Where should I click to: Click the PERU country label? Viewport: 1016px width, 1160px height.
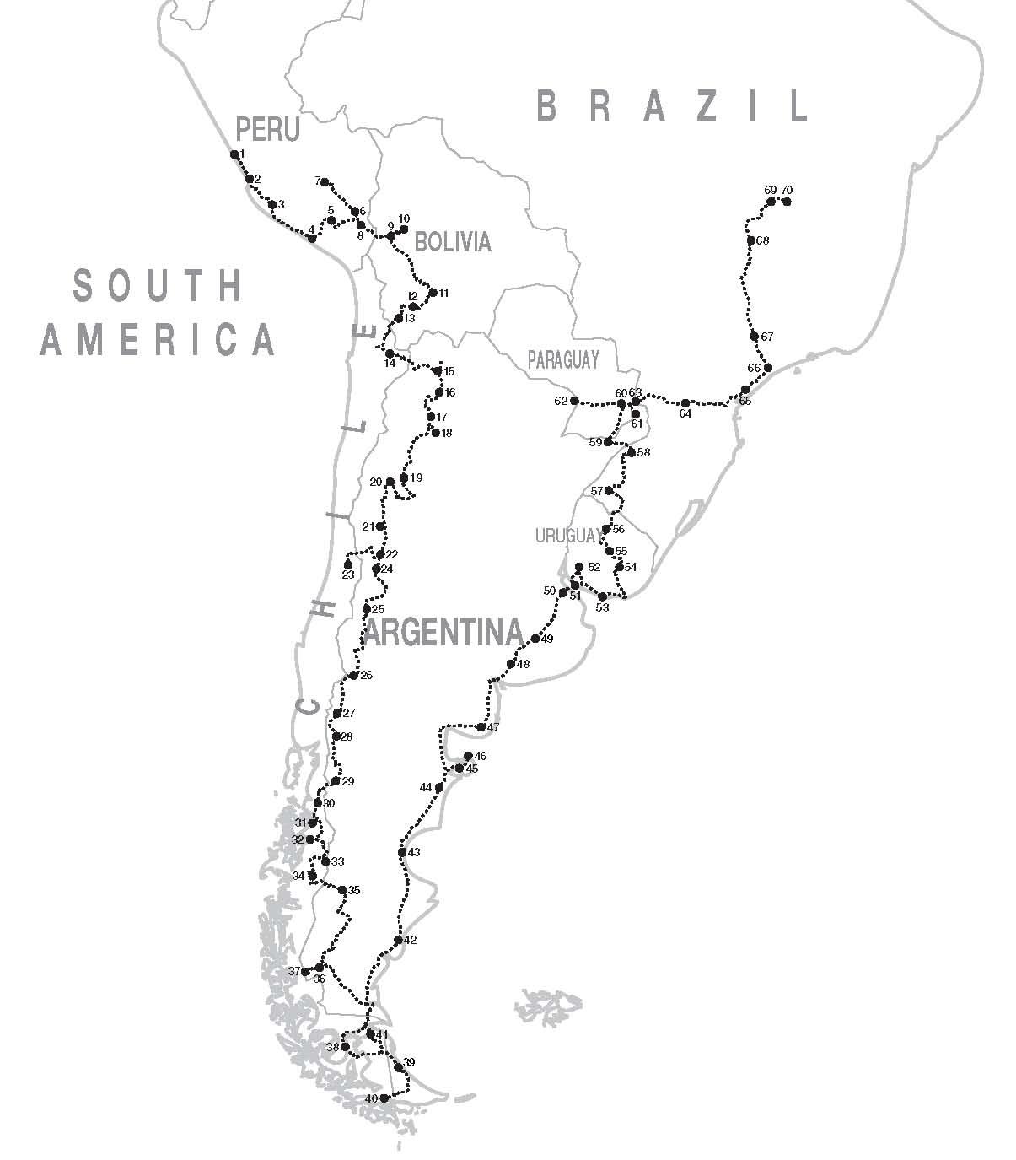(267, 130)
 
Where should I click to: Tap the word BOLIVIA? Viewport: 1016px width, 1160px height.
(452, 242)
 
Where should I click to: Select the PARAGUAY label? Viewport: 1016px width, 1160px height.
(563, 359)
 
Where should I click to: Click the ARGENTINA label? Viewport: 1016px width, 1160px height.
(443, 632)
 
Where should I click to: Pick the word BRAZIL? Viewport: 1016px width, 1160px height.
(672, 107)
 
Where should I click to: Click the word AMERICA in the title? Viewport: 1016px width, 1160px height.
(159, 339)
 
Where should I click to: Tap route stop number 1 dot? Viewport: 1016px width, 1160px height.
(234, 154)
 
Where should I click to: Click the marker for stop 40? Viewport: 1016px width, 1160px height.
(384, 1098)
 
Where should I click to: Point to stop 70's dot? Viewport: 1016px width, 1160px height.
(788, 202)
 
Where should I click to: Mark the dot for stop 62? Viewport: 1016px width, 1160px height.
(575, 401)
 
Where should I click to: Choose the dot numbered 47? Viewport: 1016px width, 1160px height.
(481, 727)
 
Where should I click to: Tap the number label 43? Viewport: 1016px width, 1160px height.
(414, 853)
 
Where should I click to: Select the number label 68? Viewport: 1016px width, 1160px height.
(763, 241)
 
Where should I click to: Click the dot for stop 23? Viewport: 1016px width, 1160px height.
(348, 564)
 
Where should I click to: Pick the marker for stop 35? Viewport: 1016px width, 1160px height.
(342, 890)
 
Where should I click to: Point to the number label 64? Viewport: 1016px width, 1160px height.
(685, 414)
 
